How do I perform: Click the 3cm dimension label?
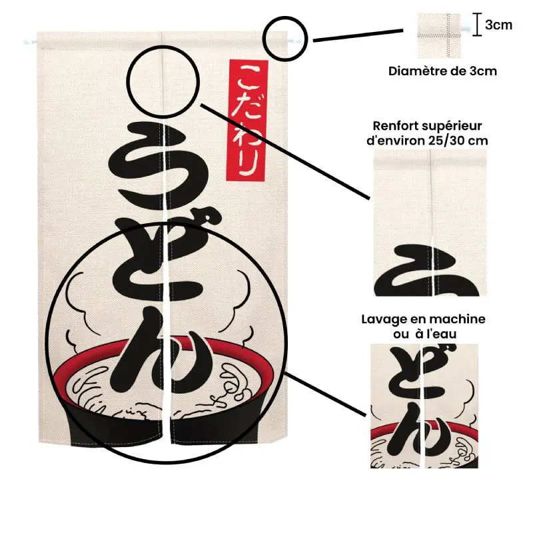(498, 25)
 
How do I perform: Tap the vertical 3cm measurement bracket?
(477, 25)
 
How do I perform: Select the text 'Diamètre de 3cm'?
(442, 71)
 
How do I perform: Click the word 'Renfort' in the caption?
(395, 126)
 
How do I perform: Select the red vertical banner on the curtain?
(247, 121)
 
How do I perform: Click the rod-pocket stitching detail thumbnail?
(439, 36)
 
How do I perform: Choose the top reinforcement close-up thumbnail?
(430, 223)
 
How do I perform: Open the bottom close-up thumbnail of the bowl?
(424, 406)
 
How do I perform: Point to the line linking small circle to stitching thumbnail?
(358, 36)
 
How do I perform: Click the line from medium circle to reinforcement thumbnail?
(285, 151)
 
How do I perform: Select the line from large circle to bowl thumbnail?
(325, 394)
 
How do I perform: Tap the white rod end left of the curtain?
(30, 42)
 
